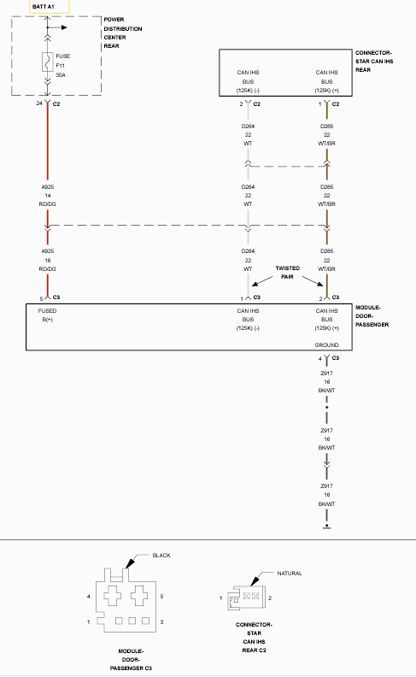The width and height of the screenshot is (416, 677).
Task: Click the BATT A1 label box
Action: [50, 7]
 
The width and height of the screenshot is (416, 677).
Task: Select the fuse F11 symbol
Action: [48, 62]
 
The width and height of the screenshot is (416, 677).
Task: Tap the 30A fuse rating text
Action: [61, 75]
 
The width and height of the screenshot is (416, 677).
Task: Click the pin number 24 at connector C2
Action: [39, 103]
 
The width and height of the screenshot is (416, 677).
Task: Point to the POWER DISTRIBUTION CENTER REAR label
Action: [122, 32]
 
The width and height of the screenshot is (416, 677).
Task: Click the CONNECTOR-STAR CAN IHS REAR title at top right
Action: [374, 62]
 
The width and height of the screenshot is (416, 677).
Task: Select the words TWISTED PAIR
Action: [287, 273]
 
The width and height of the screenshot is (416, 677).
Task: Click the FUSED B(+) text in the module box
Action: [47, 315]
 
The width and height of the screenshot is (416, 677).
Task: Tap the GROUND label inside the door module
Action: [326, 345]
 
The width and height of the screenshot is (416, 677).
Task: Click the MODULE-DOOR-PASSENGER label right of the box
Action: [372, 316]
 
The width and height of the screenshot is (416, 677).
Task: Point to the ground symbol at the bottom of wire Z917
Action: [326, 527]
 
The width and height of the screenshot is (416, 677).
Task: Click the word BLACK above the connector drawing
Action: [161, 556]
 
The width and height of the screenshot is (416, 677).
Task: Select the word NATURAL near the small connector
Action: [290, 574]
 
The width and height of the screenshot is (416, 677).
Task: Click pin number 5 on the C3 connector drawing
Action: [161, 597]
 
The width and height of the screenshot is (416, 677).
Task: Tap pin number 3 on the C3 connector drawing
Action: [161, 621]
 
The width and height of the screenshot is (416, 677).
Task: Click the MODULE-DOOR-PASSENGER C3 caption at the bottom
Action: [131, 660]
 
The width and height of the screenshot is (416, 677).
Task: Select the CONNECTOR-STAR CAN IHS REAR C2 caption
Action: [255, 638]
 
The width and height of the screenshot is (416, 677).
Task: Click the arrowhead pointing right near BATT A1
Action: [64, 27]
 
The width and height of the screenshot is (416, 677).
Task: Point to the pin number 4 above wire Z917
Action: [320, 359]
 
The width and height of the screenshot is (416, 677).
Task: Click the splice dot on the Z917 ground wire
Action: [326, 407]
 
